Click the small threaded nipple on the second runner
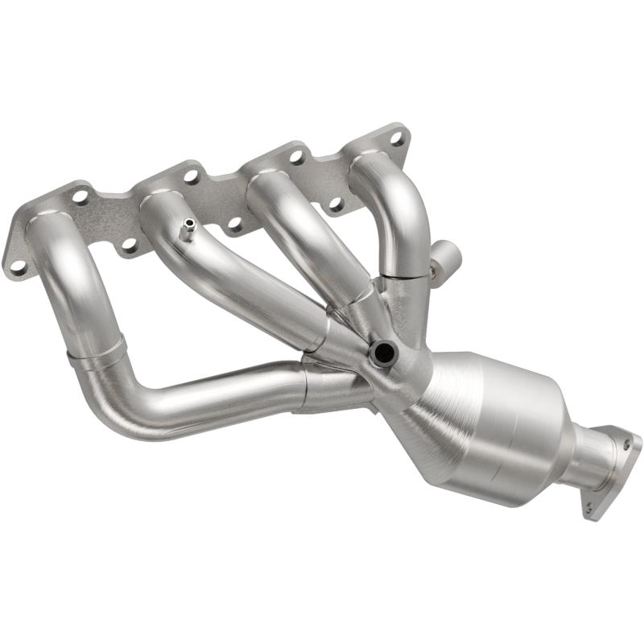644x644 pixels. (186, 229)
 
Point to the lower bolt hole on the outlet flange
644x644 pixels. (589, 507)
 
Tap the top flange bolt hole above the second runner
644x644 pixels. (191, 175)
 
